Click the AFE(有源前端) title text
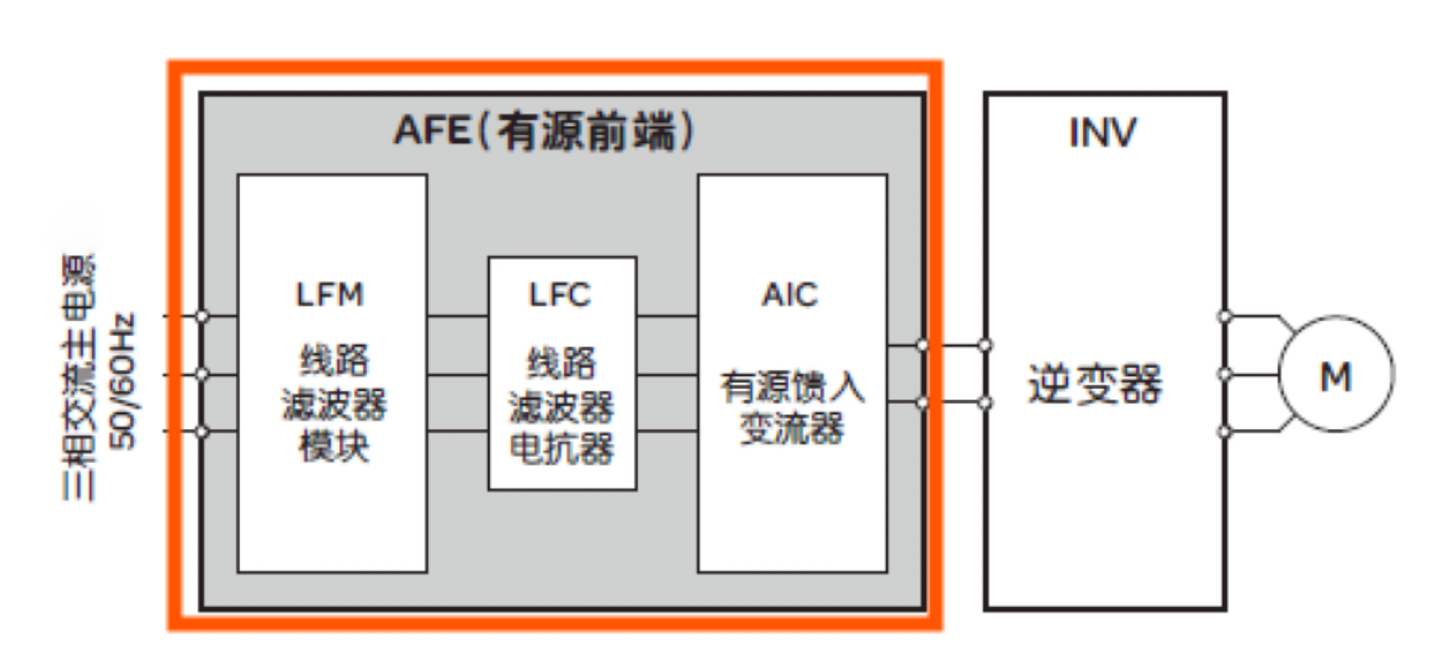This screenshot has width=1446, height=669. coord(544,131)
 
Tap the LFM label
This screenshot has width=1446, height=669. coord(330,295)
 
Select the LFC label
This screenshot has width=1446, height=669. coord(560,295)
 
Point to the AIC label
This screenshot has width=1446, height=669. coord(790,295)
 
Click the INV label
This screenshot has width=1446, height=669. coord(1103,132)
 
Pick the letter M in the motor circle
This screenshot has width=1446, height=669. coord(1336,376)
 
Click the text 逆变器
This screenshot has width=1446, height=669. coord(1095,384)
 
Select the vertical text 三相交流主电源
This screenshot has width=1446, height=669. coord(79,377)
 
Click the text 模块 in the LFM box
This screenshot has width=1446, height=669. coord(334,446)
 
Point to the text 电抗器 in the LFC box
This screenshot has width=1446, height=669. coord(562,447)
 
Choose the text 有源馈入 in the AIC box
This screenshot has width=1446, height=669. coord(793,387)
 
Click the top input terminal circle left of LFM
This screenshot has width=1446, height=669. coord(202,317)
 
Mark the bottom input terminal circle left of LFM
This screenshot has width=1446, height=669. coord(202,432)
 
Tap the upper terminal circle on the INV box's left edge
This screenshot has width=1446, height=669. coord(985,346)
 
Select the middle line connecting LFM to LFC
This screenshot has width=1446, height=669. coord(457,375)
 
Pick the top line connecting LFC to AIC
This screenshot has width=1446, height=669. coord(667,317)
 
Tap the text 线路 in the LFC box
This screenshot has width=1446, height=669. coord(561,362)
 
